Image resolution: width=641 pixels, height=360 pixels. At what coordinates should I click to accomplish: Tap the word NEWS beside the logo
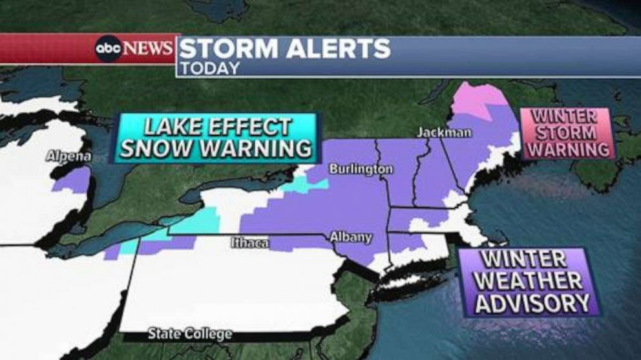148,48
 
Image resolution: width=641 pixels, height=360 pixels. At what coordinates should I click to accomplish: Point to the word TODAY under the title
209,68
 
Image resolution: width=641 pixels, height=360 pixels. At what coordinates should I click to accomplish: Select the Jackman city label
444,132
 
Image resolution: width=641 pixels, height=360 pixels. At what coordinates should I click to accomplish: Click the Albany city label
351,237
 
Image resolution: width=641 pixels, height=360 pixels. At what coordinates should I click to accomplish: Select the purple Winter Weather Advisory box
529,282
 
